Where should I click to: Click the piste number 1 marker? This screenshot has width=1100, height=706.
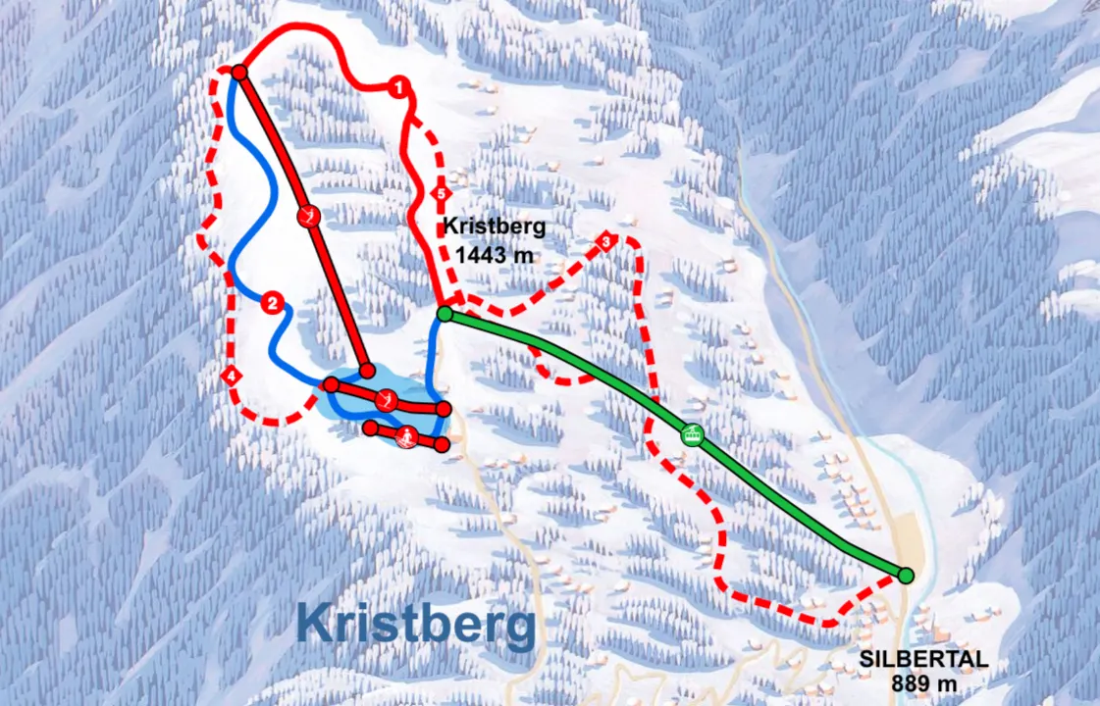(397, 87)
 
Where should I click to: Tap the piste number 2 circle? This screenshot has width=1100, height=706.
(273, 303)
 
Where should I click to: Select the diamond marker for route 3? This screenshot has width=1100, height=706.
(606, 240)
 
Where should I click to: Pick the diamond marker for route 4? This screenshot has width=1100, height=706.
(232, 376)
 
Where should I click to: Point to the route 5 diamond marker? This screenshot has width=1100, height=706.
(441, 194)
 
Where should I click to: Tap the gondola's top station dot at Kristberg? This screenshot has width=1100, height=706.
(445, 314)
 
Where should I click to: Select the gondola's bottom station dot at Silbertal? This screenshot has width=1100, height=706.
(905, 575)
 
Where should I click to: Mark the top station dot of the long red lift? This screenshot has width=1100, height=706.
(238, 72)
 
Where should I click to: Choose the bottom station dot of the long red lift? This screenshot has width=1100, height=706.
(367, 371)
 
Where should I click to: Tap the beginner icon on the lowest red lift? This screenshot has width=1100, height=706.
(405, 436)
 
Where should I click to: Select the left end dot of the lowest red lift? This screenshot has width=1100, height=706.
(370, 428)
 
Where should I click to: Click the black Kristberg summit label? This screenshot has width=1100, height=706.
(493, 226)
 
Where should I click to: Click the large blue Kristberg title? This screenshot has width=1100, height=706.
(417, 623)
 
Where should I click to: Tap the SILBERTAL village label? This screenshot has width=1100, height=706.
(922, 660)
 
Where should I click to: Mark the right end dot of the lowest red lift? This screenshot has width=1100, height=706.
(442, 444)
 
